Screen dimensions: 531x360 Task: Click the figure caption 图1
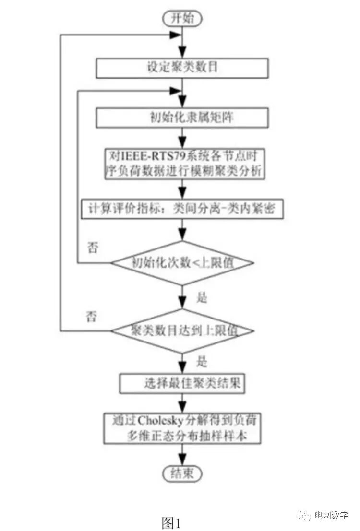[x=171, y=522]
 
